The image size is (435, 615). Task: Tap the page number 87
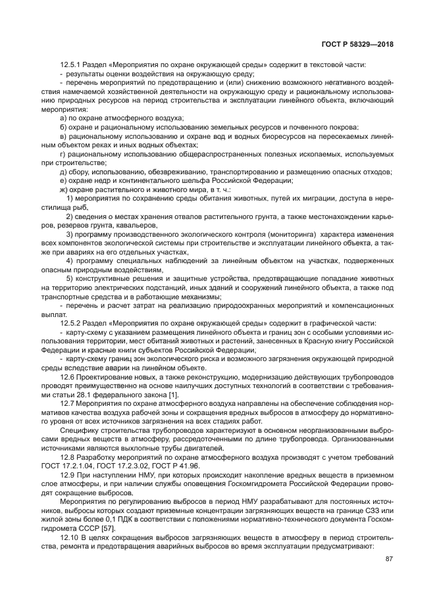tap(389, 560)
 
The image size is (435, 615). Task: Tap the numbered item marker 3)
tap(70, 234)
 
